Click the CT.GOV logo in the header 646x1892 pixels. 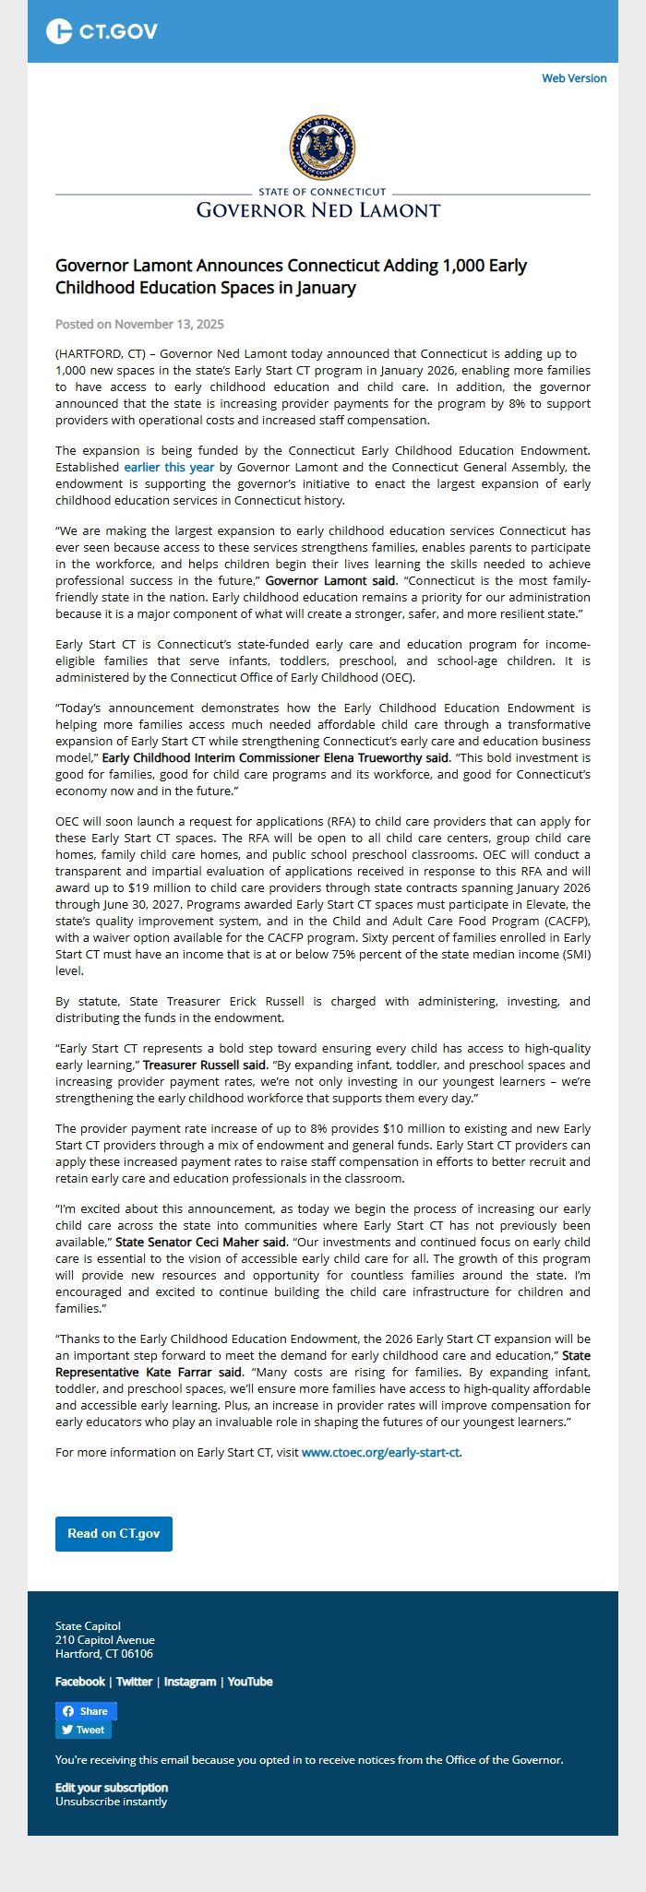tap(102, 31)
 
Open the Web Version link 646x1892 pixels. tap(573, 78)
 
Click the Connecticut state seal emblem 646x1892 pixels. tap(322, 149)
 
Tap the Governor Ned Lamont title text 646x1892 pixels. tap(318, 210)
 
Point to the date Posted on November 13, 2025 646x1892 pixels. tap(139, 324)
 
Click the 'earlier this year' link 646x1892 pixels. tap(169, 468)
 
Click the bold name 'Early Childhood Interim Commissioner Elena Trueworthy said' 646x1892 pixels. tap(276, 757)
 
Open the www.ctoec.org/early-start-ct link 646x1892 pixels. tap(380, 1452)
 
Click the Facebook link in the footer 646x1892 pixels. tap(79, 1682)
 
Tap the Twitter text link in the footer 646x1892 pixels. tap(134, 1682)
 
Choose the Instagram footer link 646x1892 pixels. tap(190, 1682)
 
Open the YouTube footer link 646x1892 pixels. tap(250, 1682)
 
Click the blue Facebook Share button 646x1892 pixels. tap(86, 1711)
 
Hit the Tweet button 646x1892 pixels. tap(83, 1730)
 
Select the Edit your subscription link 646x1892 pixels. tap(112, 1787)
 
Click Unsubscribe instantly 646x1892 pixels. tap(111, 1801)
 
